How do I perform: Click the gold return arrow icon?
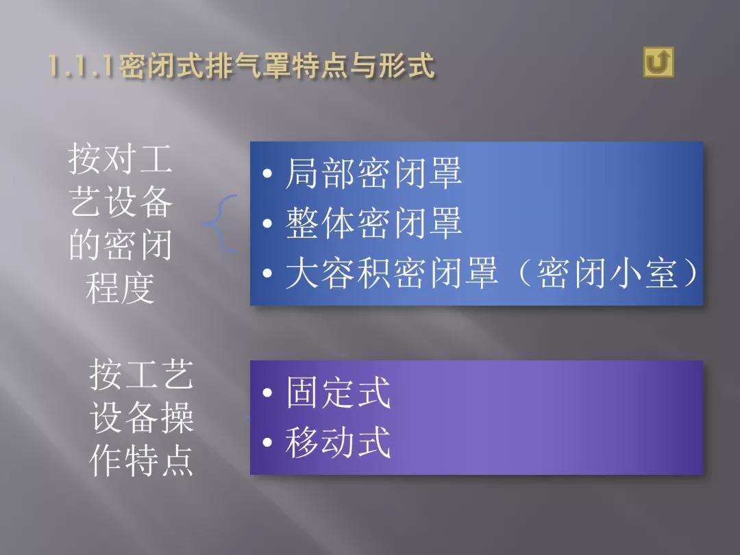658,62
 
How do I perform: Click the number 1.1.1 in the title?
81,65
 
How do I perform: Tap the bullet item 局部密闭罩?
373,173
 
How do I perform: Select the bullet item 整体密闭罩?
373,223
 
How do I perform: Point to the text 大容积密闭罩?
391,273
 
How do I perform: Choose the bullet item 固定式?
338,392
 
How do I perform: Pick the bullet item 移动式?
338,442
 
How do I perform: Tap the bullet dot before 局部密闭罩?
268,173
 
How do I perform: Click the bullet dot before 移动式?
268,442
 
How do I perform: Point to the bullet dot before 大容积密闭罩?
268,273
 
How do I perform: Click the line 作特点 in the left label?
141,460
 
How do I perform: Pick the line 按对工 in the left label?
120,158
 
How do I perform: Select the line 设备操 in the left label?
141,417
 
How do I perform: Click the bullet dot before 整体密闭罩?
268,223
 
